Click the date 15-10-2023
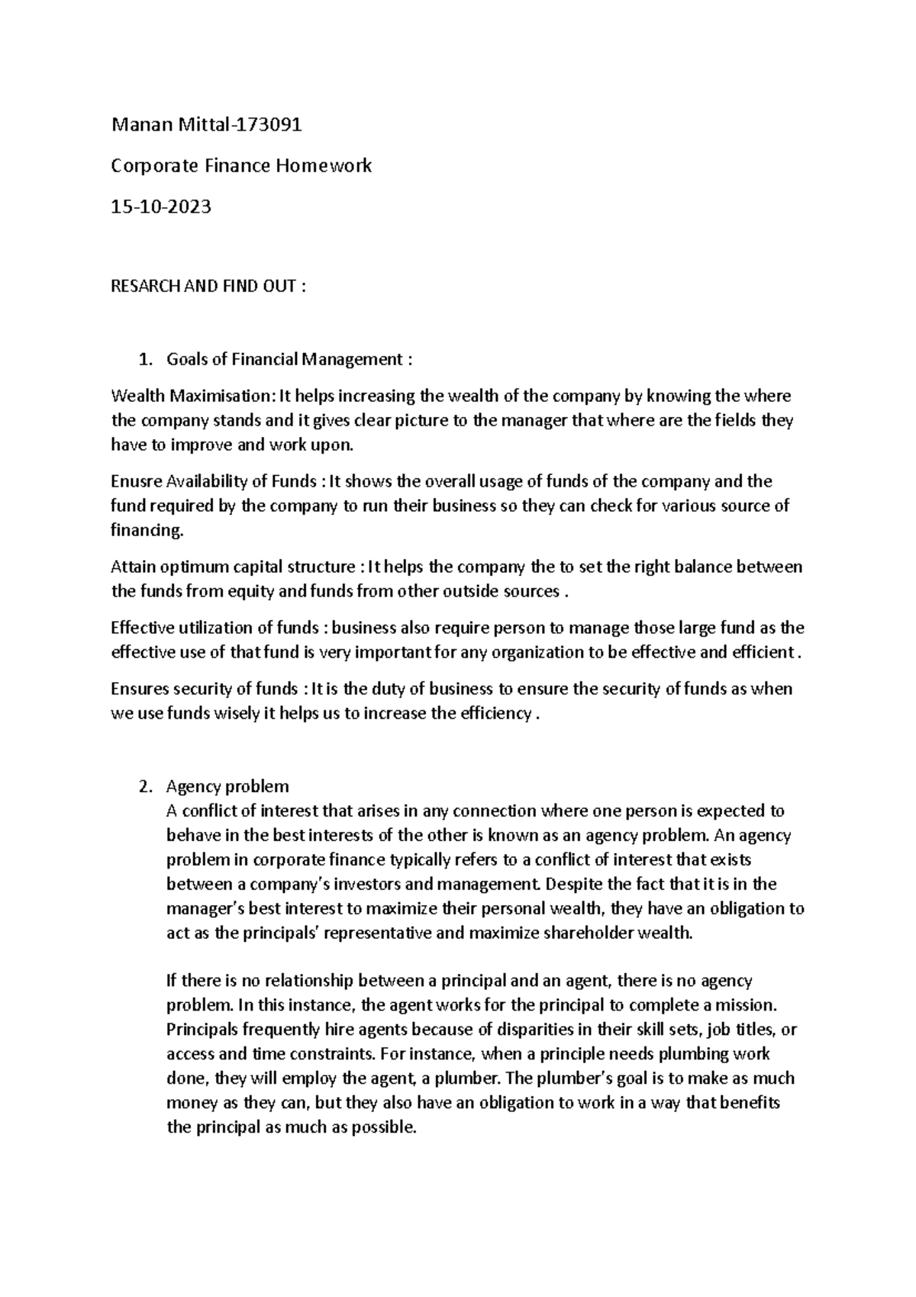[x=161, y=206]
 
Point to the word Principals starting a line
[x=201, y=1030]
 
